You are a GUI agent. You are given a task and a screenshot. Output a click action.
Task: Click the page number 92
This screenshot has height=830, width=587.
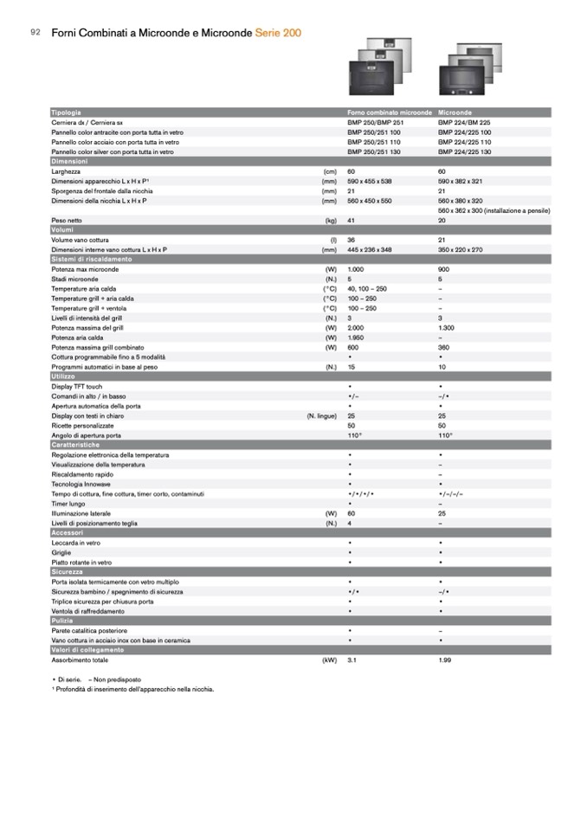pyautogui.click(x=35, y=32)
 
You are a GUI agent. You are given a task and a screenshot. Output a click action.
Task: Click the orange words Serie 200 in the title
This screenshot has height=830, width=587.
pyautogui.click(x=279, y=32)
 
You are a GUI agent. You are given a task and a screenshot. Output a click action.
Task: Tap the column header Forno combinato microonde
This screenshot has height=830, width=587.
pyautogui.click(x=389, y=113)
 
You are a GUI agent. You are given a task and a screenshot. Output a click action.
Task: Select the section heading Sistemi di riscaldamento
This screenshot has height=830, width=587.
pyautogui.click(x=91, y=259)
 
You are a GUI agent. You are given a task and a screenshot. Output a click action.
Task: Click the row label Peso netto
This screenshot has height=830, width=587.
pyautogui.click(x=67, y=221)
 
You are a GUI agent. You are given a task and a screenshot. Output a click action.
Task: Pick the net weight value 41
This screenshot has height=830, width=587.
pyautogui.click(x=352, y=221)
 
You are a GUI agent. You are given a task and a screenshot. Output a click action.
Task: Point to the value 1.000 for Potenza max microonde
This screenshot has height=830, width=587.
pyautogui.click(x=356, y=269)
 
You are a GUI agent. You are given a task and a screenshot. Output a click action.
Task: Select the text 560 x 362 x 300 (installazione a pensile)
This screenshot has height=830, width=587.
pyautogui.click(x=494, y=210)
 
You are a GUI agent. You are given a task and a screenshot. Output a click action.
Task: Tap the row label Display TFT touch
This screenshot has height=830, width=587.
pyautogui.click(x=77, y=386)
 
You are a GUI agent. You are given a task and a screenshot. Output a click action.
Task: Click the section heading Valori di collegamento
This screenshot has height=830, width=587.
pyautogui.click(x=87, y=649)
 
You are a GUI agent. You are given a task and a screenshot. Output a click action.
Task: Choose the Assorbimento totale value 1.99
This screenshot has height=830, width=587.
pyautogui.click(x=446, y=659)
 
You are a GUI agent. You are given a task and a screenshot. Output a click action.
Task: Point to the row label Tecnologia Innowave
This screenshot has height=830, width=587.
pyautogui.click(x=85, y=483)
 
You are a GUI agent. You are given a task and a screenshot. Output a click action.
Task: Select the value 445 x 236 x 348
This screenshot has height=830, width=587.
pyautogui.click(x=370, y=249)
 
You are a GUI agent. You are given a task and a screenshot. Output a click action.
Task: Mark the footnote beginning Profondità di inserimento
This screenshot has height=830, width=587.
pyautogui.click(x=133, y=689)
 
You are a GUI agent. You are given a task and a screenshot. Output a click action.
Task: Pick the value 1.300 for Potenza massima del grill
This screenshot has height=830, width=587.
pyautogui.click(x=447, y=327)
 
